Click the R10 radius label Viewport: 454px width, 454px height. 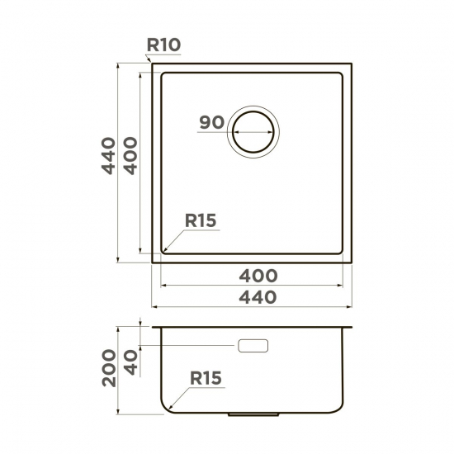pos(164,45)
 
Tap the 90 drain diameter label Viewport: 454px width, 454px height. pos(212,122)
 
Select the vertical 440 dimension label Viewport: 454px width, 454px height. pos(109,156)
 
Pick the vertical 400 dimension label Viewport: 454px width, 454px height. pos(131,156)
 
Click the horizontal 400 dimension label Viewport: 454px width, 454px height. pos(258,276)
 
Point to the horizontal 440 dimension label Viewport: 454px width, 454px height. pos(258,297)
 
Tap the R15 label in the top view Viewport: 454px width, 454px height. pos(201,220)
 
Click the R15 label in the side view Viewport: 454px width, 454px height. pos(206,378)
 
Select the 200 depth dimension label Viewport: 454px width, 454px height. pos(109,367)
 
